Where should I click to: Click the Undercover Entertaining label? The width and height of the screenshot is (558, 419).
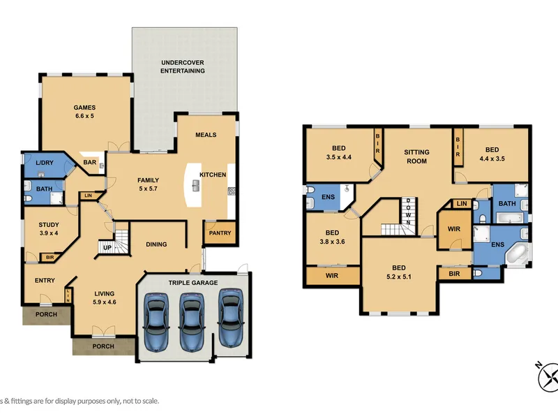tap(183, 66)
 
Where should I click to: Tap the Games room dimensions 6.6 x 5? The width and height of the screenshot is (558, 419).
tap(84, 116)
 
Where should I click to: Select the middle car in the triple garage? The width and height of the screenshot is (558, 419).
tap(193, 323)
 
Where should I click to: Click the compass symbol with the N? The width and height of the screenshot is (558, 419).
tap(548, 376)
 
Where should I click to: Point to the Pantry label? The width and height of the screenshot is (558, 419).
tap(220, 233)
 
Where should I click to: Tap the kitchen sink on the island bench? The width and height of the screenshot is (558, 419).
tap(196, 186)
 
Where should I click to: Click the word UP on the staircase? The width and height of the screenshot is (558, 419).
tap(107, 248)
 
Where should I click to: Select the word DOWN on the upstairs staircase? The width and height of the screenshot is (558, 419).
tap(408, 212)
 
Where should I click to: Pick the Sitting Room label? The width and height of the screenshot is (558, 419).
tap(416, 156)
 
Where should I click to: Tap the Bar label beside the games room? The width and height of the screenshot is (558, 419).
tap(90, 162)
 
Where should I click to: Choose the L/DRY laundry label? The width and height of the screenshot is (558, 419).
tap(45, 163)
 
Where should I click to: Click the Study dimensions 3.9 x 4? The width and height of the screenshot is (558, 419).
tap(49, 233)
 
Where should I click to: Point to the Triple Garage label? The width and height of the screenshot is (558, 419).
tap(193, 283)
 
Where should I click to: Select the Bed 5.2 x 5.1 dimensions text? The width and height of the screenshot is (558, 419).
tap(399, 277)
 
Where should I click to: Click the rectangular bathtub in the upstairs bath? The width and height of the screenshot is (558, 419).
tap(510, 218)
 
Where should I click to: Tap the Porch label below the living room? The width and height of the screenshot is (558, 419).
tap(103, 346)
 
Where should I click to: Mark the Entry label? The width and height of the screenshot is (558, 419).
tap(45, 281)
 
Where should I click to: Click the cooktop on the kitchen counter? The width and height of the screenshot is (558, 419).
tap(231, 191)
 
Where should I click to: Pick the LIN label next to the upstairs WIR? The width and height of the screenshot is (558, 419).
tap(462, 203)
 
